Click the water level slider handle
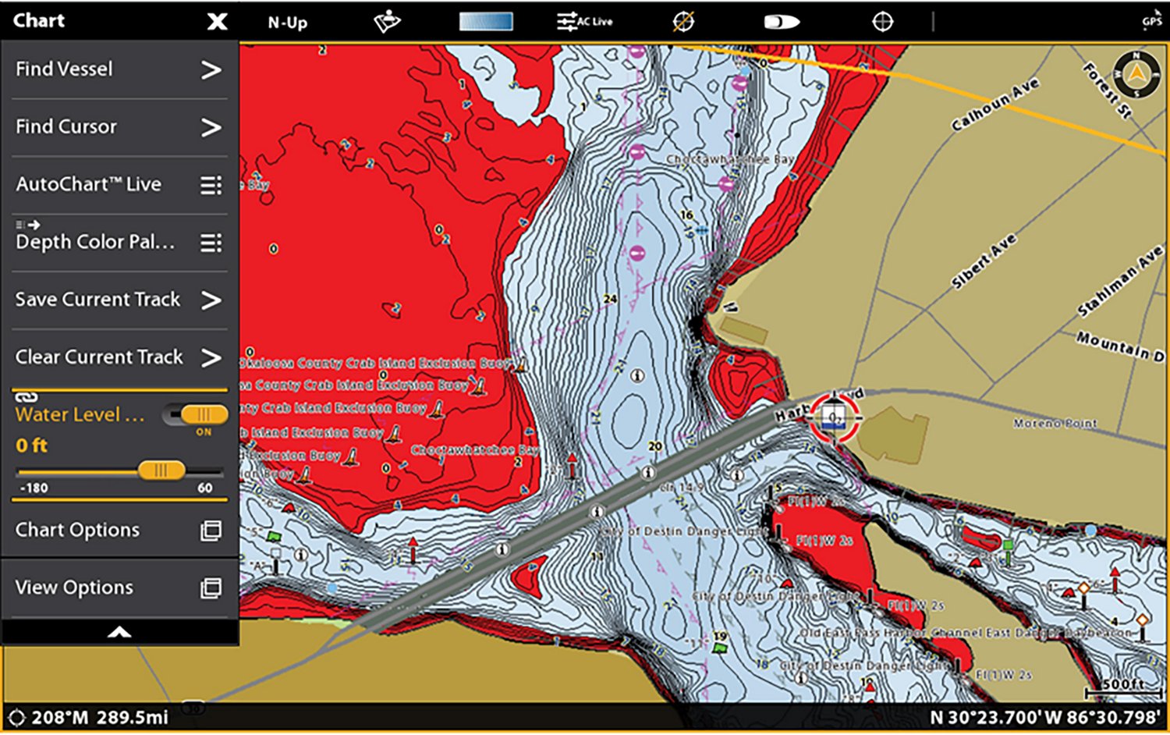click(161, 470)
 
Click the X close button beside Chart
click(217, 21)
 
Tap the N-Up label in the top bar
click(287, 23)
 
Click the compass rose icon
click(1136, 74)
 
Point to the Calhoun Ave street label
click(994, 104)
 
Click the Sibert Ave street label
click(984, 261)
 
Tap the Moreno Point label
click(1055, 423)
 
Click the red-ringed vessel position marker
click(834, 417)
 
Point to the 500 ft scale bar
click(1123, 687)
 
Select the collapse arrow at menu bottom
click(119, 632)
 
